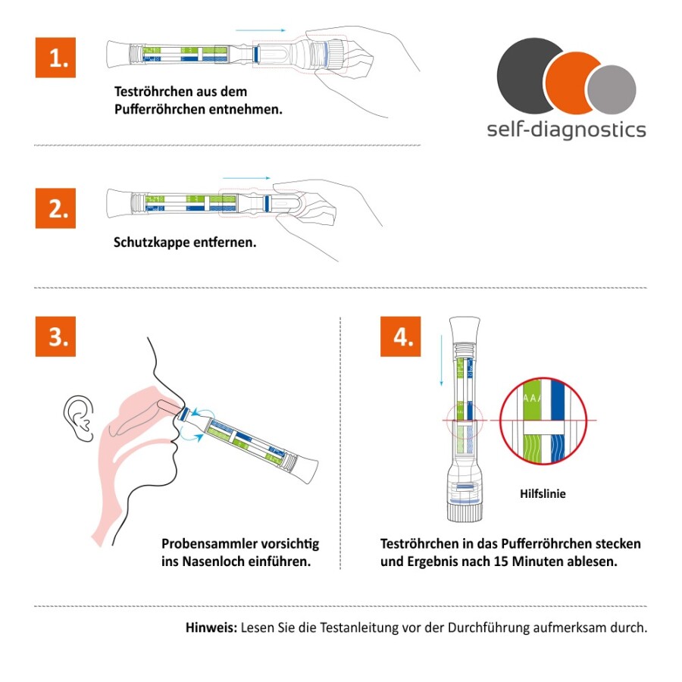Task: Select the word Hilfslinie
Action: click(543, 494)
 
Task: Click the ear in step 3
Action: click(79, 417)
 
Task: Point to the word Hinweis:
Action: click(211, 628)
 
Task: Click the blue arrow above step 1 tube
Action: click(261, 30)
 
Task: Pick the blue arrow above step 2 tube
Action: click(247, 177)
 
